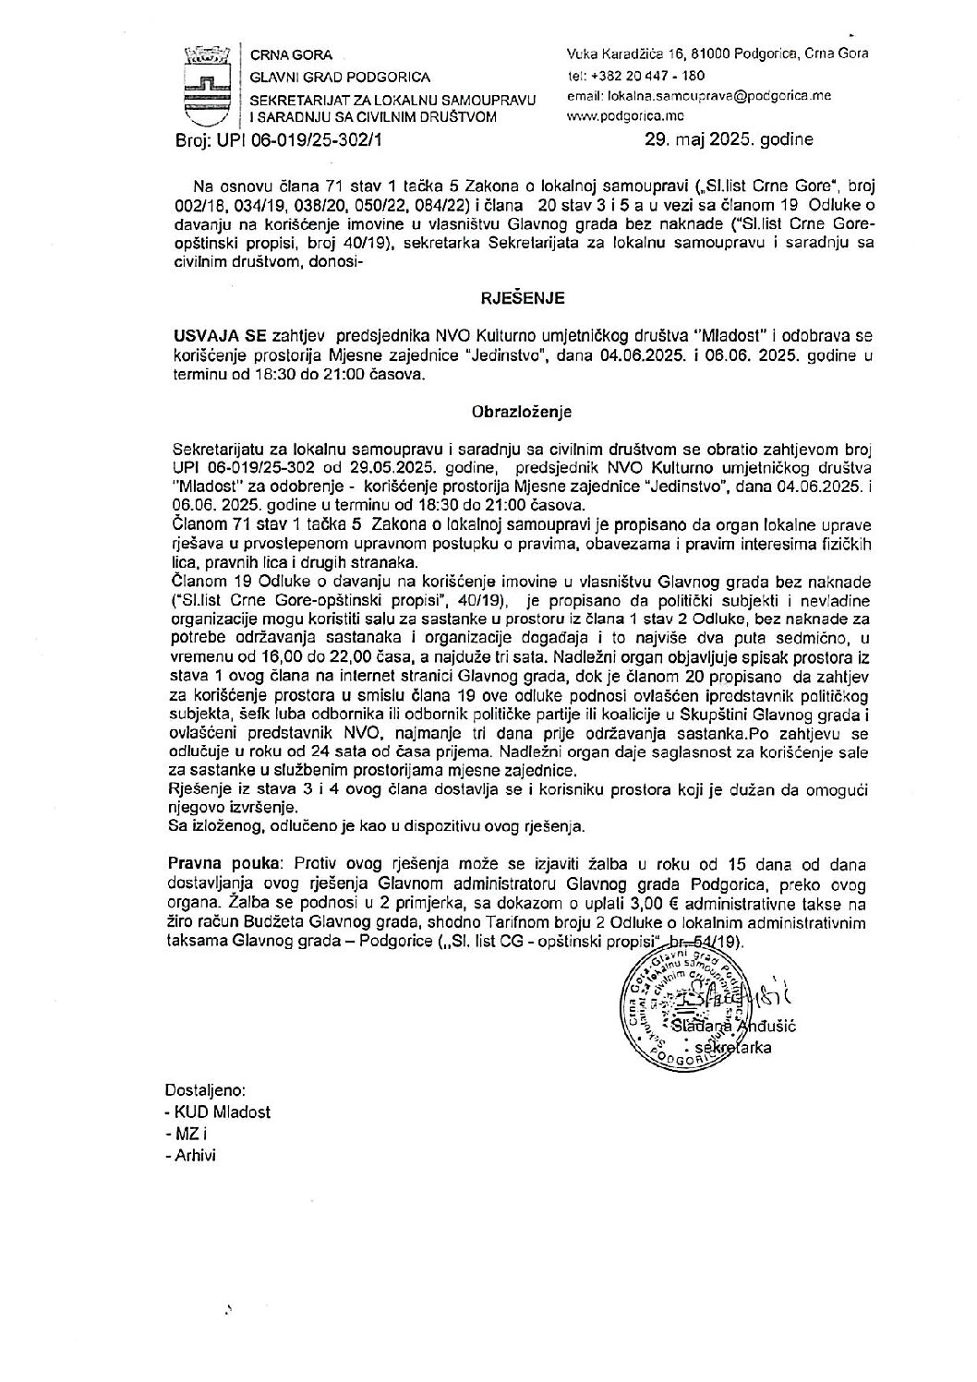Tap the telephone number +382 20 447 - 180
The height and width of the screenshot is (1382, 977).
pyautogui.click(x=637, y=76)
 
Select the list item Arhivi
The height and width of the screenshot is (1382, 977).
pyautogui.click(x=194, y=1156)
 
